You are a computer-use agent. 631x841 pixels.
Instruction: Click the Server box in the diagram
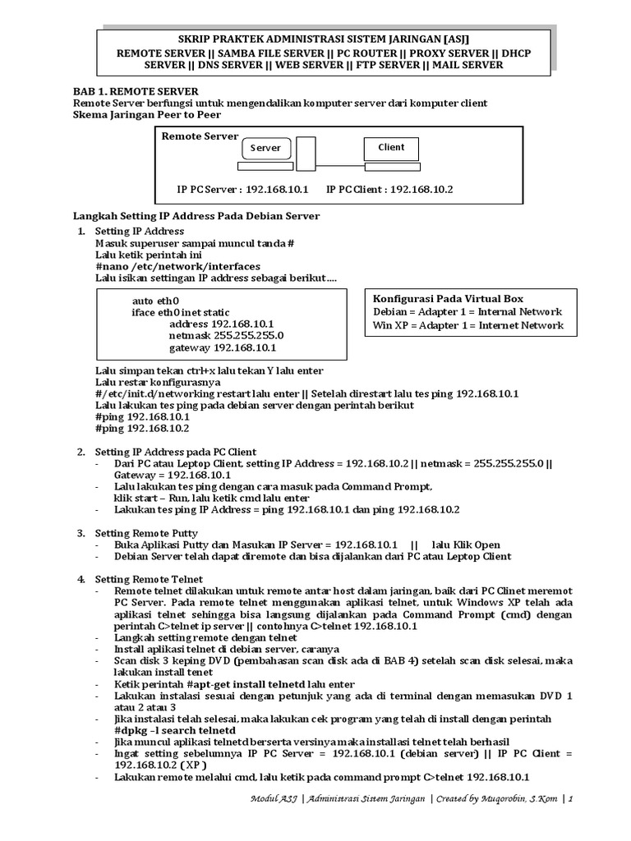[x=265, y=149]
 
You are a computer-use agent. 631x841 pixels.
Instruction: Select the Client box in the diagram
[x=391, y=148]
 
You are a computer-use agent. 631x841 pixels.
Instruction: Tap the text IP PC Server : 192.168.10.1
[x=242, y=189]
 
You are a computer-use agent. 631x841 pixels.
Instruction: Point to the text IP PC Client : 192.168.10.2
[x=389, y=189]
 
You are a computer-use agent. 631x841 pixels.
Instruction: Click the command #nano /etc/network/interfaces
[x=177, y=266]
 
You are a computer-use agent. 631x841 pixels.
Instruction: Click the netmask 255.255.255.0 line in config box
[x=226, y=335]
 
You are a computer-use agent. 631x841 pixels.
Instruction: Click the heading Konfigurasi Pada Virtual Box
[x=448, y=299]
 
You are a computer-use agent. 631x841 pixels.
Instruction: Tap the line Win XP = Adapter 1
[x=468, y=325]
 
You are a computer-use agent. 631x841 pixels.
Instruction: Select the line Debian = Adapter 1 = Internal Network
[x=467, y=312]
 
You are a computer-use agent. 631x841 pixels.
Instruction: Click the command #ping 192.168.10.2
[x=142, y=429]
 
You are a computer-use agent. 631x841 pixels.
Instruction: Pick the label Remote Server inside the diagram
[x=200, y=136]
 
